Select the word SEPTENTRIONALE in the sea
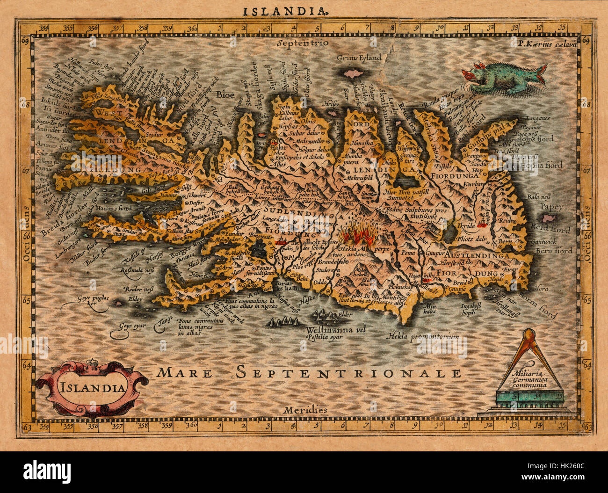348,372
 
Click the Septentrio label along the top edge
302,43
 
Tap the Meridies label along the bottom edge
305,410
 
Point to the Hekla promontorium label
423,336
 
